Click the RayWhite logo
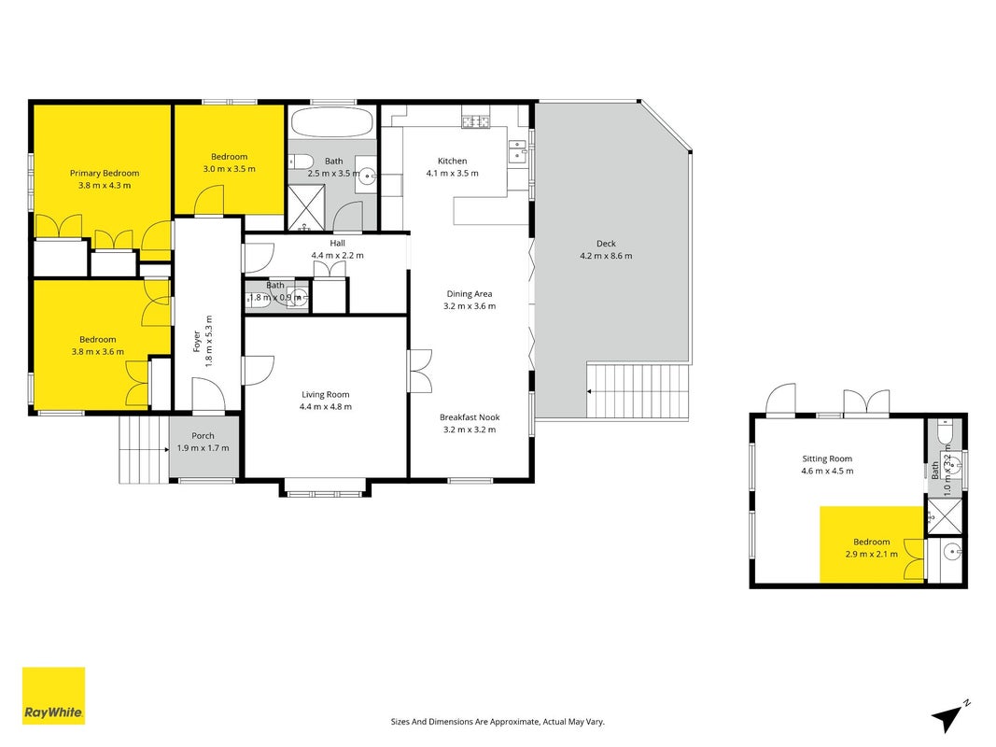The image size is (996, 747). coord(53,695)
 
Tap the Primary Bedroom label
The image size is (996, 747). coord(105,173)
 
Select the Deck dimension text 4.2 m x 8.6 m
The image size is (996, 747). coord(606,256)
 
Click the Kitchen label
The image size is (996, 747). coord(453,161)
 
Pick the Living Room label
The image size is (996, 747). coord(325,394)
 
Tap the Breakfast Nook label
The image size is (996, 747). coord(470,417)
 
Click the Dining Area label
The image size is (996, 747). coord(470,293)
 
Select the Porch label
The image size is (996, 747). coord(203,436)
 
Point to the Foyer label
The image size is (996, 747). coord(196,341)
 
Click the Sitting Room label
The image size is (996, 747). coord(827,458)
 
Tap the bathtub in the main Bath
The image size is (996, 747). coord(331,121)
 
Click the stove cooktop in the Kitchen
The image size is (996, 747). coord(476,120)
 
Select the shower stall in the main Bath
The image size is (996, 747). coord(306,207)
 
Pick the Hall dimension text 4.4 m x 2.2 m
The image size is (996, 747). coord(337,255)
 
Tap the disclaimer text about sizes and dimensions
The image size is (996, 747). coord(498,722)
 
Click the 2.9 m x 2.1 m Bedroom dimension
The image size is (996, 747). coord(872,554)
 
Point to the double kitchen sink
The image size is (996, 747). coord(518,152)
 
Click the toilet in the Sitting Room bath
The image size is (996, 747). coord(944,432)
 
